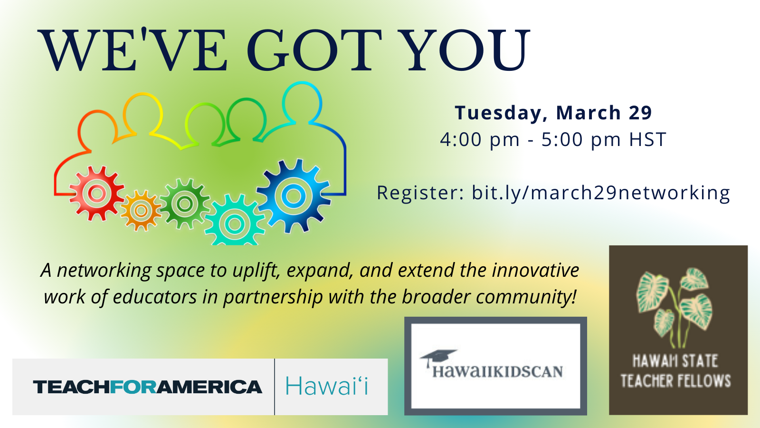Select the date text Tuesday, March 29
pyautogui.click(x=553, y=113)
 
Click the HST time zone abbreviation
pyautogui.click(x=648, y=139)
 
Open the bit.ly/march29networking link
pyautogui.click(x=601, y=193)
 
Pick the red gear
pyautogui.click(x=97, y=193)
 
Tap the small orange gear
pyautogui.click(x=141, y=211)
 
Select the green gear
pyautogui.click(x=185, y=204)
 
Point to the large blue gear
pyautogui.click(x=293, y=195)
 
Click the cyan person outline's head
pyautogui.click(x=302, y=102)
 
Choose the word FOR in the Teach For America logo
pyautogui.click(x=133, y=387)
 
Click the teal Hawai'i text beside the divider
pyautogui.click(x=327, y=386)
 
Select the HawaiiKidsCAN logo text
pyautogui.click(x=497, y=371)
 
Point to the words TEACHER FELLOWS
pyautogui.click(x=675, y=381)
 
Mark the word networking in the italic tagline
pyautogui.click(x=104, y=271)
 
